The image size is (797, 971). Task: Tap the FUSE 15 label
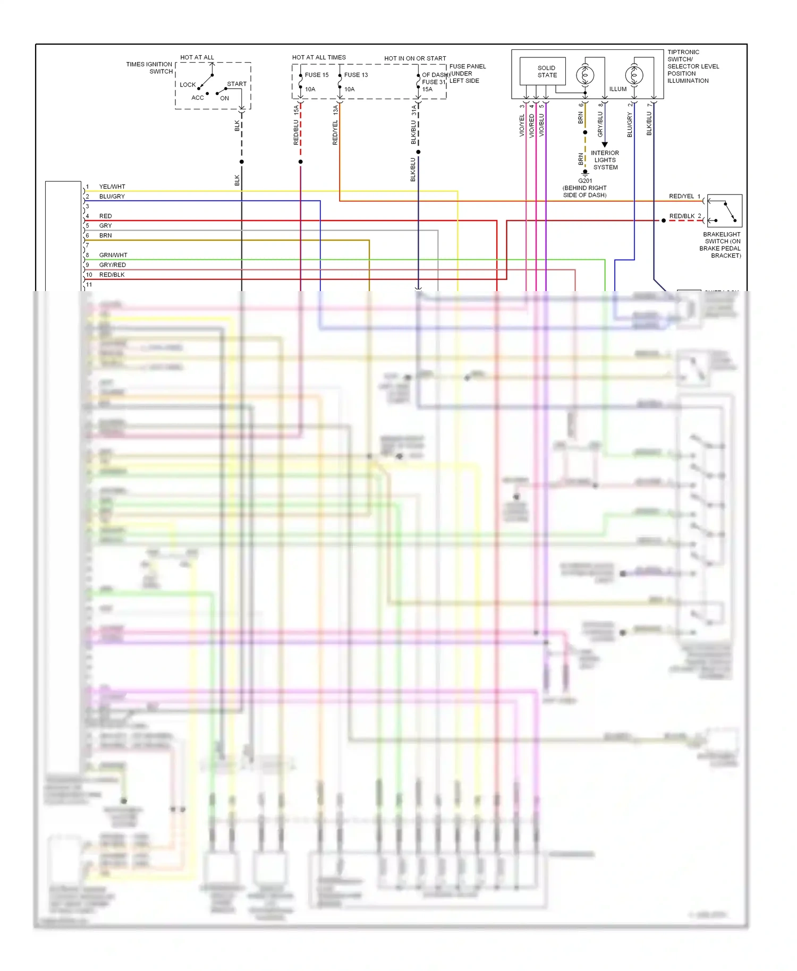tap(317, 75)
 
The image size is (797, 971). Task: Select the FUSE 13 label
tap(356, 75)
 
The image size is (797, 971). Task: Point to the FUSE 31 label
tap(434, 82)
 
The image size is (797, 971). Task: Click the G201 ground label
tap(585, 181)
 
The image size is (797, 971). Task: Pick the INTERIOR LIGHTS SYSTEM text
tap(605, 160)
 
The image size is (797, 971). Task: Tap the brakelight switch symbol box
tap(724, 211)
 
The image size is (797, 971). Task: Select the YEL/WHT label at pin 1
tap(112, 187)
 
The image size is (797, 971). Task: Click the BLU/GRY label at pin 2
tap(112, 197)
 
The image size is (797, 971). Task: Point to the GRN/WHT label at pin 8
tap(113, 255)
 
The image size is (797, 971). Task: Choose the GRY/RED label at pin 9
tap(112, 265)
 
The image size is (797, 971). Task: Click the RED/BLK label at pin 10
tap(112, 275)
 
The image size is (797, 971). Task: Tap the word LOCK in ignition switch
tap(188, 85)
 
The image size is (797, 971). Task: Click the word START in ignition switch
tap(236, 84)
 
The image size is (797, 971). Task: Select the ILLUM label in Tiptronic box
tap(617, 89)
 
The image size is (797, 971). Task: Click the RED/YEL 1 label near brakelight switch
tap(684, 197)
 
